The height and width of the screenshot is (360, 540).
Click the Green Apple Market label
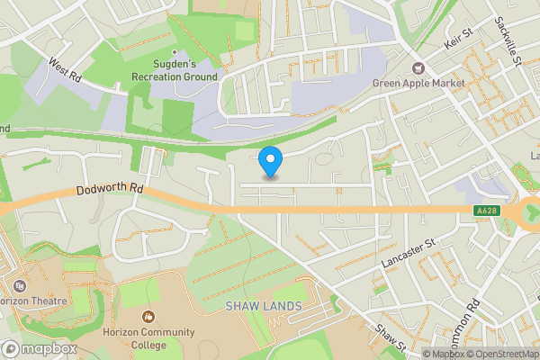coord(418,84)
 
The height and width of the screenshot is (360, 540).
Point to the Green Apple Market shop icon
coord(418,67)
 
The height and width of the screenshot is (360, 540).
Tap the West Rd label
coord(65,72)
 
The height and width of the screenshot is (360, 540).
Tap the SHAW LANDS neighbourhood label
coord(263,307)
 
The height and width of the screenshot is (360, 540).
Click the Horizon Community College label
coord(148,338)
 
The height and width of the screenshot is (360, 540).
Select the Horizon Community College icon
coord(148,317)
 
